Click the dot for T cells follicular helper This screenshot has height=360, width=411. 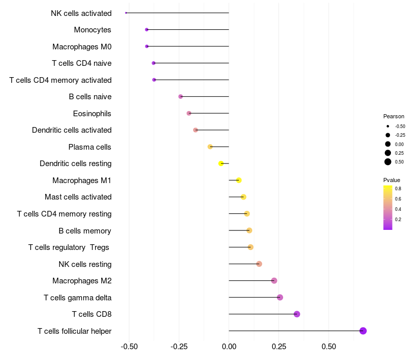click(x=363, y=331)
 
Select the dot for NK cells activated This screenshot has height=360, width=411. click(x=126, y=13)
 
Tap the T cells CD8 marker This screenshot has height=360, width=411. click(x=296, y=314)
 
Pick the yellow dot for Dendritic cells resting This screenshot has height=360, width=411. click(x=221, y=164)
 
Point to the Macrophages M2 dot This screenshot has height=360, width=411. click(x=274, y=281)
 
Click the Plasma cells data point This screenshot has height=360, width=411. click(x=210, y=147)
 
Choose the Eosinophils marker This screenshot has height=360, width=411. click(x=189, y=113)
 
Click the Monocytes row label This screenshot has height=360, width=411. click(x=92, y=30)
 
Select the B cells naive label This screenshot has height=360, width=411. click(x=90, y=97)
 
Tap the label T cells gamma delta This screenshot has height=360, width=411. click(x=78, y=298)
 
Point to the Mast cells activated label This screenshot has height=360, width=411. click(x=78, y=197)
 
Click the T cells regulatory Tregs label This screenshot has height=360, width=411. click(x=69, y=247)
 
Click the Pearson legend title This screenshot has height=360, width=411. click(x=394, y=116)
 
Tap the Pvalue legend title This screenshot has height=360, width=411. click(x=391, y=180)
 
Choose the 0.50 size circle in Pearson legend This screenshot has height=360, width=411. click(x=388, y=162)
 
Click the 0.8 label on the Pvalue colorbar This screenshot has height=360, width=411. click(x=398, y=189)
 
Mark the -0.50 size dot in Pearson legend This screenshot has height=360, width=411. click(x=388, y=126)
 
